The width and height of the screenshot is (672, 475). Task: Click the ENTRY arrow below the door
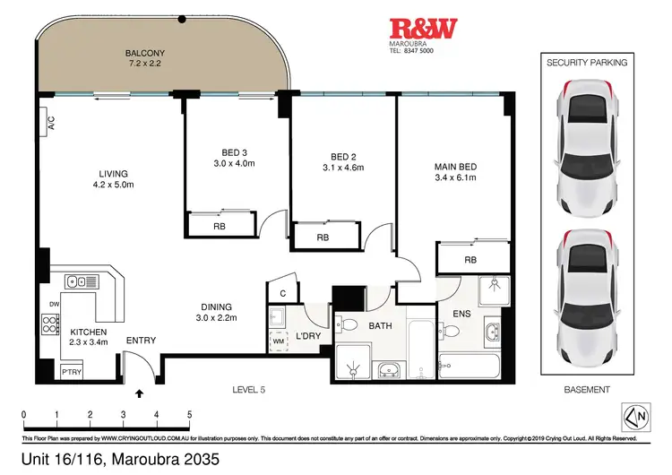pos(139,392)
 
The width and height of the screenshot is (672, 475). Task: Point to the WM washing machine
pos(278,342)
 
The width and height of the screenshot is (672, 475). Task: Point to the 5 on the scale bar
pos(189,415)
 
